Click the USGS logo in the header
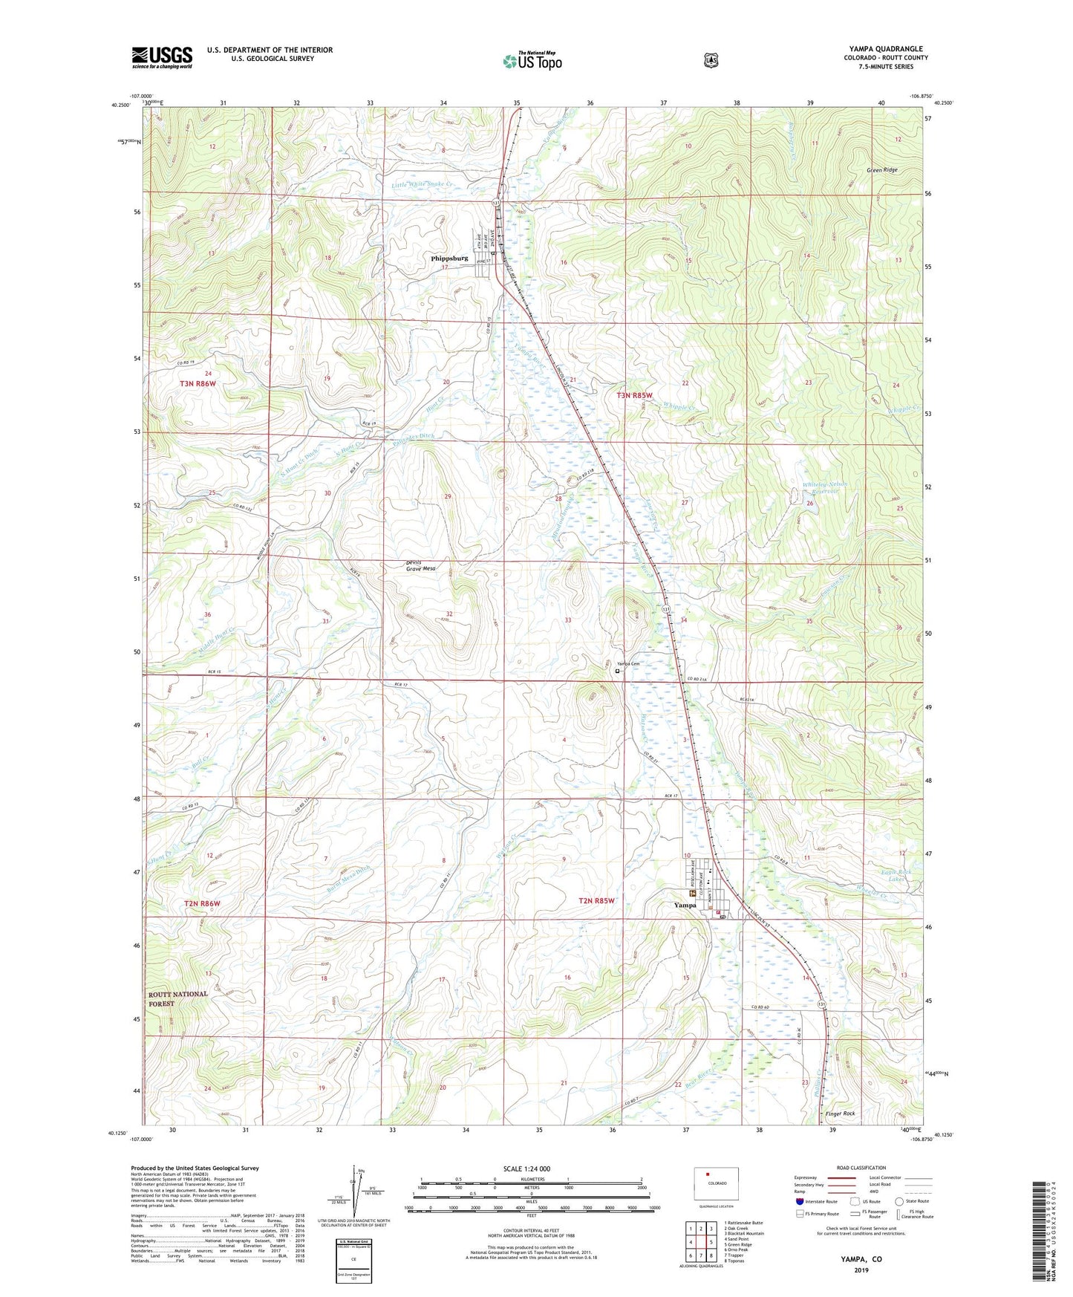[x=162, y=57]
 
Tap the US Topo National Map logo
[x=532, y=61]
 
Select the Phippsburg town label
[x=449, y=259]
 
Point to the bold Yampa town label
[x=685, y=905]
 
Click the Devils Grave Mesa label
[x=420, y=565]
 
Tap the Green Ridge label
[x=882, y=170]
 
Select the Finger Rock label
[x=840, y=1114]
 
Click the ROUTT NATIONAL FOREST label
[x=177, y=998]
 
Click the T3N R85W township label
[x=634, y=396]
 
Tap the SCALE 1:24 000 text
[x=526, y=1168]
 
